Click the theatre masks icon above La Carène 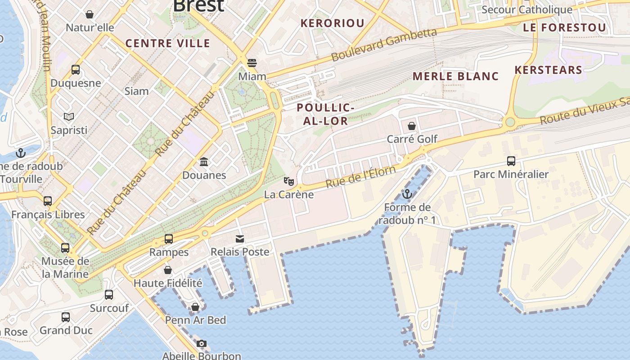(288, 181)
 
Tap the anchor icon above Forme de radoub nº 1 (407, 194)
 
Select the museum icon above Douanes (204, 162)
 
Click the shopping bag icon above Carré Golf (411, 126)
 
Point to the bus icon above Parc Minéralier (511, 161)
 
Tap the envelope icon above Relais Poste (240, 239)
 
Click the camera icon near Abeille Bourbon (201, 344)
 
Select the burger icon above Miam (252, 63)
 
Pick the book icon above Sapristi (68, 117)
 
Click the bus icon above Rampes (169, 239)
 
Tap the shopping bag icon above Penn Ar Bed (195, 307)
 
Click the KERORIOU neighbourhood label (332, 23)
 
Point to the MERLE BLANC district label (455, 76)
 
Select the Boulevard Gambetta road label (384, 45)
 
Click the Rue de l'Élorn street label (360, 177)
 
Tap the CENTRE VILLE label (167, 43)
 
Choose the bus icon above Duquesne (75, 70)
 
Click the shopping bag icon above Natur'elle (90, 14)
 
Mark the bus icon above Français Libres (48, 201)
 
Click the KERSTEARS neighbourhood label (548, 70)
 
